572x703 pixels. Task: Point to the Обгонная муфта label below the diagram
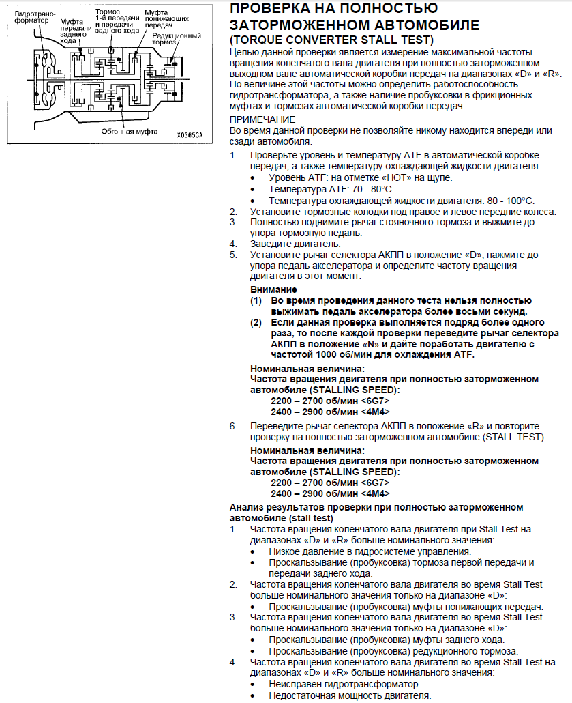click(130, 130)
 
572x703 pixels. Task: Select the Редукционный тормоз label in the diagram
click(177, 40)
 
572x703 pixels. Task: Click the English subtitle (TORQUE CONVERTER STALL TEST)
click(331, 40)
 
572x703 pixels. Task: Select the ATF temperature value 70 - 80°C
click(363, 189)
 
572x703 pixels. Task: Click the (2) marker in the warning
click(256, 322)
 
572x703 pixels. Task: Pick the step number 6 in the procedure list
click(233, 426)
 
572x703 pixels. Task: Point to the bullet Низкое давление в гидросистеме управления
click(370, 551)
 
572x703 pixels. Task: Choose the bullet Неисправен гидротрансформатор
click(343, 684)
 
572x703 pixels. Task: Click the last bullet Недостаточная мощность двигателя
click(350, 695)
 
